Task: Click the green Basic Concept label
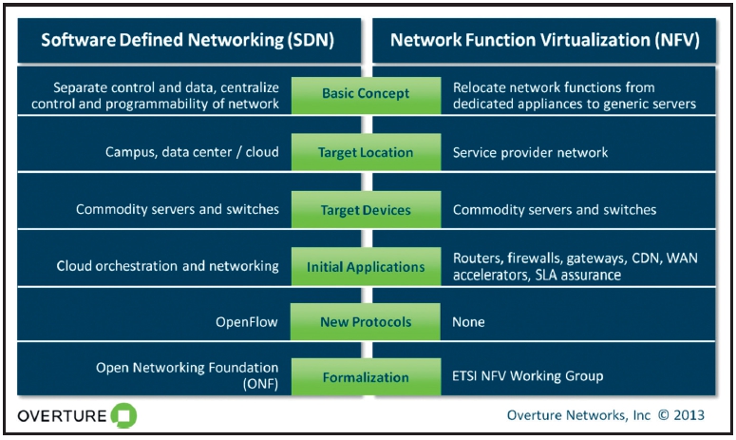(366, 95)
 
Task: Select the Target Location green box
(366, 152)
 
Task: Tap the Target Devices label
(366, 209)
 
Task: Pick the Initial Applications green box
(366, 266)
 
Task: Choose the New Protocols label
(366, 321)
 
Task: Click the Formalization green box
(366, 376)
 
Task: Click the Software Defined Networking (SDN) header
(189, 40)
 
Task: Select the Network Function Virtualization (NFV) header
(544, 40)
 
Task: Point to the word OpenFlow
(247, 322)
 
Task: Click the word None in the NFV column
(468, 322)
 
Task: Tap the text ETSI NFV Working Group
(528, 376)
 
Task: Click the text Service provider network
(531, 152)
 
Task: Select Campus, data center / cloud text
(192, 152)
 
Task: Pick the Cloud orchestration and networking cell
(167, 266)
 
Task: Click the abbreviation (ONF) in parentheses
(260, 384)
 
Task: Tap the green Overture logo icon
(123, 415)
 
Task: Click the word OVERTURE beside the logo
(62, 416)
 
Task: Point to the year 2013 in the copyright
(689, 415)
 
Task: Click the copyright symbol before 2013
(663, 415)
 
